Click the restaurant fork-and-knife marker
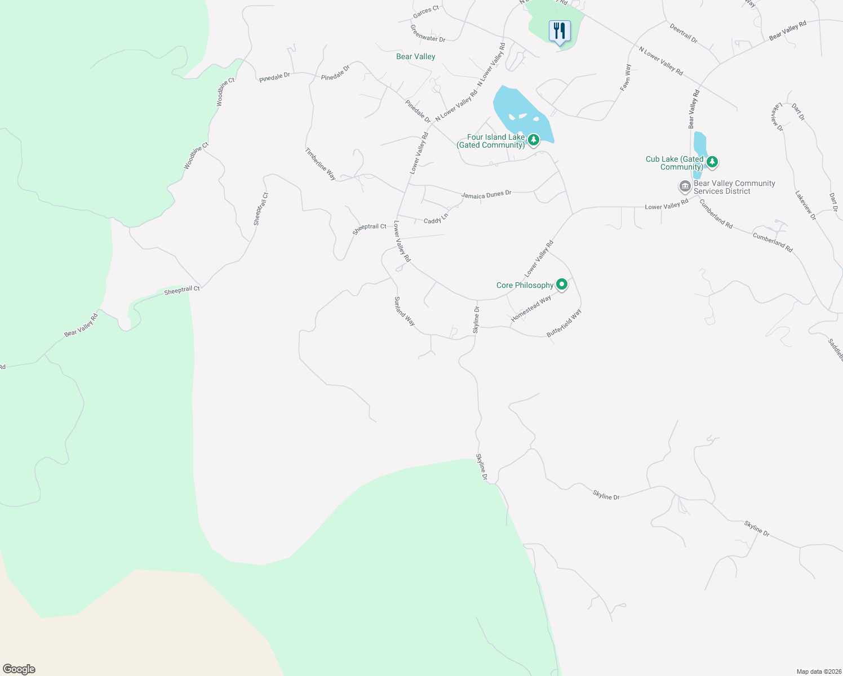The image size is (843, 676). click(559, 31)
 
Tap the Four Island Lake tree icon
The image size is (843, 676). click(533, 139)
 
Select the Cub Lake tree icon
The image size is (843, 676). click(712, 162)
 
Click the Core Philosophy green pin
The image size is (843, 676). click(561, 284)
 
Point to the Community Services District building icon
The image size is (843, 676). click(685, 186)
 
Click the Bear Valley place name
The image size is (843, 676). click(415, 56)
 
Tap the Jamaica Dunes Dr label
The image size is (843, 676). click(486, 194)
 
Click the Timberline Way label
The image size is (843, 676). click(320, 164)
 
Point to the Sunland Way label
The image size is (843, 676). click(405, 312)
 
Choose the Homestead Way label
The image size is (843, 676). click(531, 309)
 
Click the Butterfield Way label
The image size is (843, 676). click(564, 323)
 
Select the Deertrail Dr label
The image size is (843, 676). click(684, 33)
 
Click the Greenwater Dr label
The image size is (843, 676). click(428, 33)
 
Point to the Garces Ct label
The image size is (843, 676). click(425, 11)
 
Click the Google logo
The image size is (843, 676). click(19, 669)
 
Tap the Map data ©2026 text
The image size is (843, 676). click(818, 671)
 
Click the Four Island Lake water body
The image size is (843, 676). click(516, 107)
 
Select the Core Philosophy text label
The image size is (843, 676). click(525, 285)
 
